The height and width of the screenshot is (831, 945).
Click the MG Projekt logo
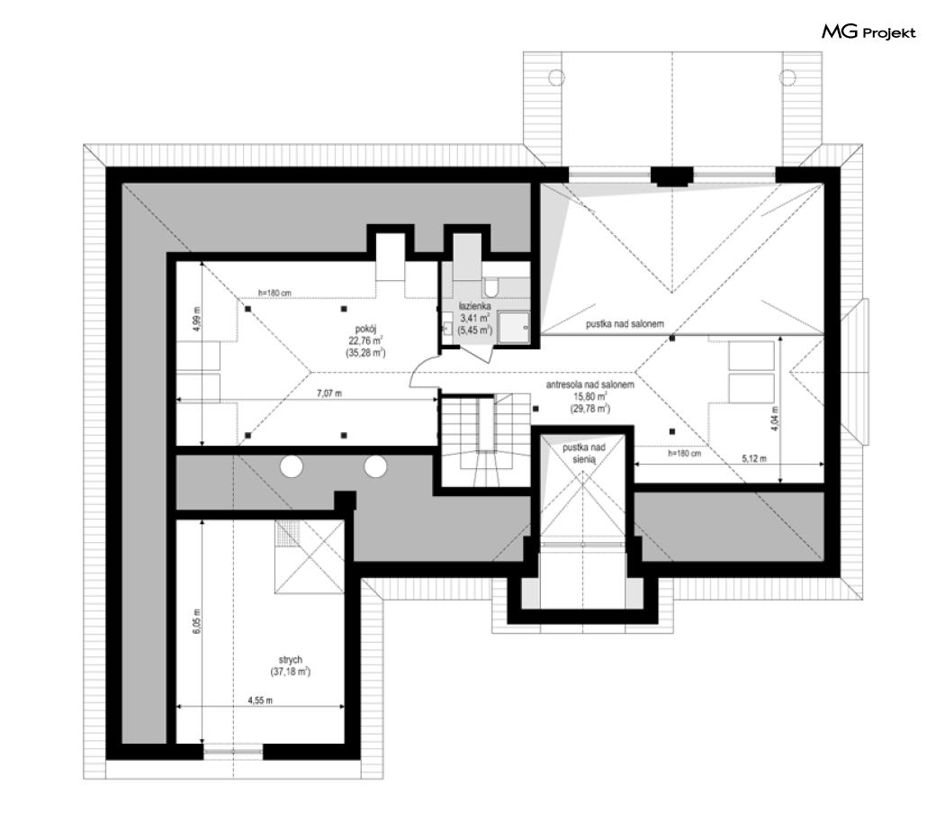click(868, 32)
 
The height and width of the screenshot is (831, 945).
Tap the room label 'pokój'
click(365, 329)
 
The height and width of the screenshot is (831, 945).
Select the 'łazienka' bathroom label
click(475, 306)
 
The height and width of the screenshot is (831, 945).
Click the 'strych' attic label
click(291, 660)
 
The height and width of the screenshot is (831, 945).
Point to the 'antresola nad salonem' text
click(590, 384)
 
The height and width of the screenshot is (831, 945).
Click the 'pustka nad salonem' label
click(625, 324)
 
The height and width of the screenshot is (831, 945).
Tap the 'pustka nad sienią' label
click(584, 454)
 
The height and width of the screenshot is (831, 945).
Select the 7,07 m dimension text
click(329, 393)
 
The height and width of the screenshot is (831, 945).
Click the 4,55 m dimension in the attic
click(260, 700)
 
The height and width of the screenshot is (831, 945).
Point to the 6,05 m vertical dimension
click(196, 620)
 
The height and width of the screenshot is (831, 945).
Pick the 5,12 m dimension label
click(754, 459)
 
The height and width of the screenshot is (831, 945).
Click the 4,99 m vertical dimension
click(196, 319)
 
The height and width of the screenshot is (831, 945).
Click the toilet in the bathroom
click(490, 288)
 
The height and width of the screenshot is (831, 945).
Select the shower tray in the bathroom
click(514, 328)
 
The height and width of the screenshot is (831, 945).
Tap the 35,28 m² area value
click(365, 354)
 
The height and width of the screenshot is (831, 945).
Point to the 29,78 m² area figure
click(590, 409)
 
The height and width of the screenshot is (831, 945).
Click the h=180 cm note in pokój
click(274, 294)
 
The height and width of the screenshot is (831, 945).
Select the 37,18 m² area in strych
click(291, 672)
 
